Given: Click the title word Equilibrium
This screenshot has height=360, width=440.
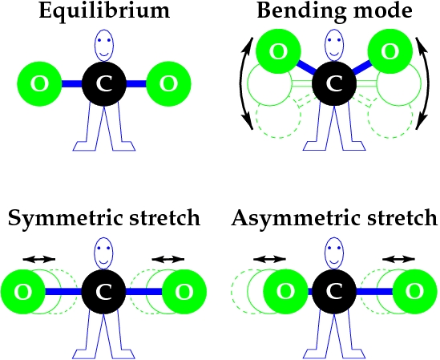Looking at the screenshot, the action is pyautogui.click(x=104, y=11).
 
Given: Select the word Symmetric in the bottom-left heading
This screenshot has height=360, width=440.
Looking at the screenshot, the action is pyautogui.click(x=65, y=218).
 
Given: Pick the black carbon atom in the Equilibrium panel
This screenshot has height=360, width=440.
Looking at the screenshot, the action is pyautogui.click(x=104, y=84).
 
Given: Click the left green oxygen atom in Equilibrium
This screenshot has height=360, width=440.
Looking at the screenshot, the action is pyautogui.click(x=39, y=84).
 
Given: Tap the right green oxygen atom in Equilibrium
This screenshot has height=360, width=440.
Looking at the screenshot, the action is pyautogui.click(x=168, y=84).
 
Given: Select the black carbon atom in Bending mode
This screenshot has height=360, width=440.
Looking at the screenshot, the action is pyautogui.click(x=334, y=84).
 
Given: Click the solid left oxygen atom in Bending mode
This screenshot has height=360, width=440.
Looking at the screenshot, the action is pyautogui.click(x=279, y=51).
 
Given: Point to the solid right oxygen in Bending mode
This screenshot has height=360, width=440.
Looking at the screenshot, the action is pyautogui.click(x=390, y=51).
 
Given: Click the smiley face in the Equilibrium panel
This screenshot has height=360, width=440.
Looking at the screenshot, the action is pyautogui.click(x=104, y=45).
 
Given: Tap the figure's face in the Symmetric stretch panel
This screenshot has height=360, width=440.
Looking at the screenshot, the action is pyautogui.click(x=103, y=253).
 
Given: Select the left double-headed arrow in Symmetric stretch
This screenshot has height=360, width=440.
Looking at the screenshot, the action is pyautogui.click(x=39, y=259).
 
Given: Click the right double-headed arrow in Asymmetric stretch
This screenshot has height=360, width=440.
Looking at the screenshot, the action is pyautogui.click(x=398, y=259).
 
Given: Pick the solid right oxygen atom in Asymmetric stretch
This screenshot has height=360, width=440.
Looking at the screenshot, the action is pyautogui.click(x=414, y=292).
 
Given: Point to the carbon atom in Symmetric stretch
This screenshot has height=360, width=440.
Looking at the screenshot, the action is pyautogui.click(x=104, y=292).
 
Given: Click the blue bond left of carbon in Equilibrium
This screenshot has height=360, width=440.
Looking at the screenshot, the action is pyautogui.click(x=72, y=84).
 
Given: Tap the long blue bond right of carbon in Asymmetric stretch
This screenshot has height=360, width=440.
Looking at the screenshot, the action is pyautogui.click(x=374, y=292).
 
